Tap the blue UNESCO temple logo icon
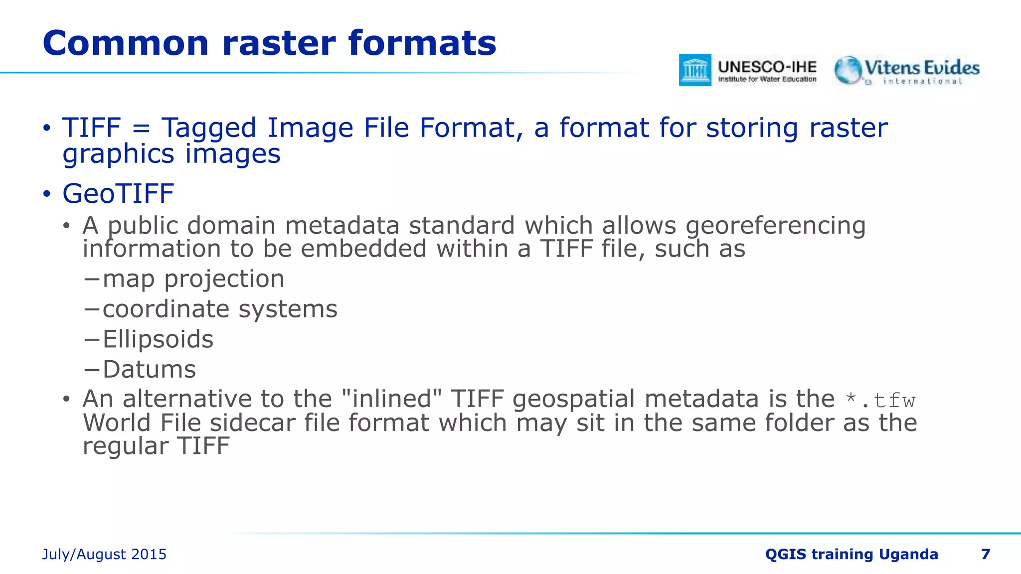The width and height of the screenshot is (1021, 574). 695,70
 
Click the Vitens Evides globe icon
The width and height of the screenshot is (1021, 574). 848,70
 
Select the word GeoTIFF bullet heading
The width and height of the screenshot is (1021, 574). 118,194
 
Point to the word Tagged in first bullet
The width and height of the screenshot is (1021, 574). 208,128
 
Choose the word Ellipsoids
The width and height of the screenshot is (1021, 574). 158,340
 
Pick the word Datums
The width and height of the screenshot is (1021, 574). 149,370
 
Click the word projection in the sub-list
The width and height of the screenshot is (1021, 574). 224,279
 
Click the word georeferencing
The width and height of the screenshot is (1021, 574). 776,226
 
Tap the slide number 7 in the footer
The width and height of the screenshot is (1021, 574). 985,554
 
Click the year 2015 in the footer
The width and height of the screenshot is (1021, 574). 149,555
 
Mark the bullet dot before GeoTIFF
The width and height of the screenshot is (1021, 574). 47,194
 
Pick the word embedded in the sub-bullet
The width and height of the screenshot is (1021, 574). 363,249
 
